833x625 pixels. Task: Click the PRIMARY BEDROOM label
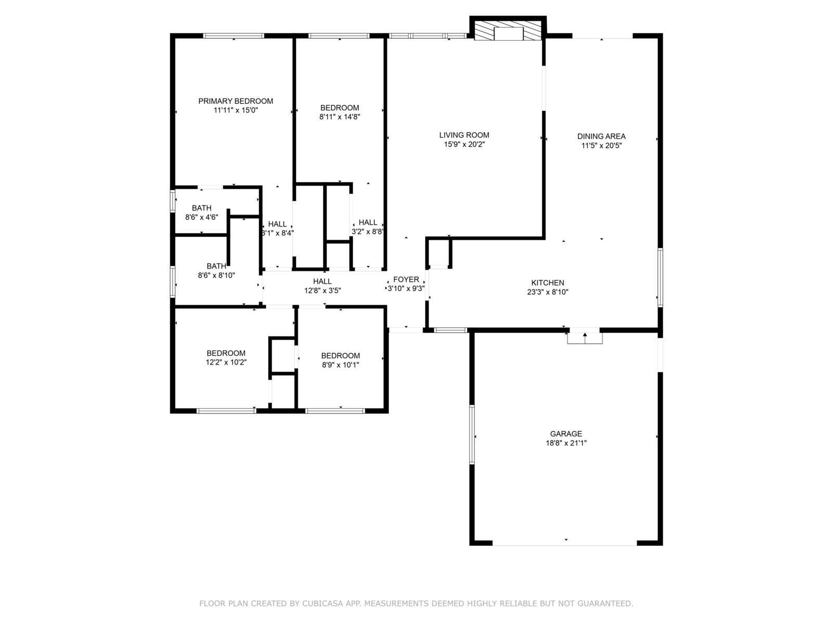point(235,101)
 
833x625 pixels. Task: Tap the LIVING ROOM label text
point(464,135)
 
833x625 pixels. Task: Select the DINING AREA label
point(601,136)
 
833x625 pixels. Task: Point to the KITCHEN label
point(548,283)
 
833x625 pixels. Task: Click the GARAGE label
point(566,434)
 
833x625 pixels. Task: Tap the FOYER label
point(406,280)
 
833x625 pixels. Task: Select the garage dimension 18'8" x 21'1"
point(566,443)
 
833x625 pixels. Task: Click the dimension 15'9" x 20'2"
point(464,144)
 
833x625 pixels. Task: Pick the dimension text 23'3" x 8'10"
point(548,292)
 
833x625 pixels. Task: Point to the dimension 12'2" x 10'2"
point(226,362)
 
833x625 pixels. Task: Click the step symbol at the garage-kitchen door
point(585,337)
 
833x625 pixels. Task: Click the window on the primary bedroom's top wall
point(233,35)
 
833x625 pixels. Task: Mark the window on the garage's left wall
point(472,434)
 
